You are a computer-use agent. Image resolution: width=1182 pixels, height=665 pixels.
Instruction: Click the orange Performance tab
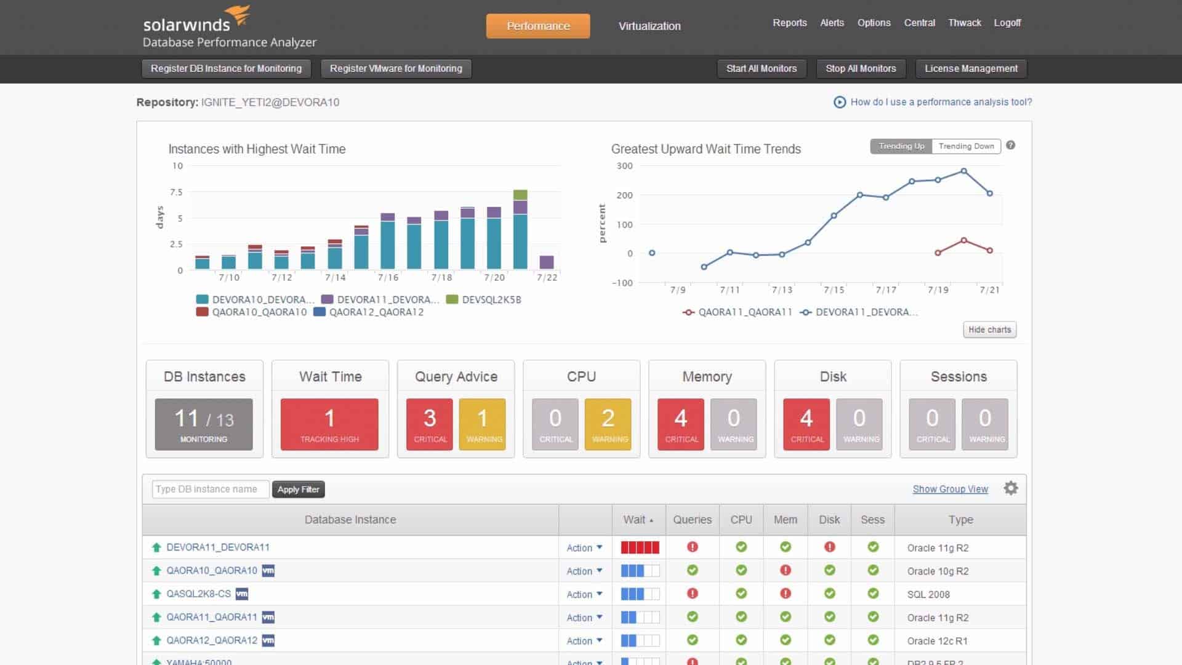[x=537, y=26]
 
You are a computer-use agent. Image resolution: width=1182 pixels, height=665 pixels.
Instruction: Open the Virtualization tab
[x=649, y=26]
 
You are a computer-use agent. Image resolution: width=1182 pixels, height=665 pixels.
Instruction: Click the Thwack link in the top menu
[x=964, y=23]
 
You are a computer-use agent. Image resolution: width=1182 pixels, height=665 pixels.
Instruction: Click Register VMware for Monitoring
[x=396, y=68]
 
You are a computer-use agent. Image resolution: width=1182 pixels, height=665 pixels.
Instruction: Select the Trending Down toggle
[x=966, y=146]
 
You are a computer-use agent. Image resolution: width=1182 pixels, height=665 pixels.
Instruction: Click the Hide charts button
[x=989, y=329]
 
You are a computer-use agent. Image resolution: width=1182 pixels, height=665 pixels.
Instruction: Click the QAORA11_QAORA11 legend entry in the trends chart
[x=738, y=312]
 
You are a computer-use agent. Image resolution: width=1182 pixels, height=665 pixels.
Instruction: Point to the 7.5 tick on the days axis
[x=177, y=192]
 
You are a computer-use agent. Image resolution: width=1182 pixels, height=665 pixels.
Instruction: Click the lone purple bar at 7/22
[x=546, y=262]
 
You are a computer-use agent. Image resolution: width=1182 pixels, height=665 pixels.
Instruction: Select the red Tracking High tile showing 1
[x=329, y=424]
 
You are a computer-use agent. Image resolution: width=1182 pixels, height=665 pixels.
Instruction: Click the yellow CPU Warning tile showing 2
[x=608, y=424]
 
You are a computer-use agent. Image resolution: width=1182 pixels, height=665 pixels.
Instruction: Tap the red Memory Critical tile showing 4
[x=680, y=424]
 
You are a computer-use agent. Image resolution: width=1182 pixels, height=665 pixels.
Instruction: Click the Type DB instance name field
[x=210, y=489]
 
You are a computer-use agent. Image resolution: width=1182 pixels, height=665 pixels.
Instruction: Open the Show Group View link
[x=950, y=489]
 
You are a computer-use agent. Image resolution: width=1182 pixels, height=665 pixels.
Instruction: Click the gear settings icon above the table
[x=1010, y=488]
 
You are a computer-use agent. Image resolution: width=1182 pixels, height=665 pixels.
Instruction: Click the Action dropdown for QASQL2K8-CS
[x=584, y=594]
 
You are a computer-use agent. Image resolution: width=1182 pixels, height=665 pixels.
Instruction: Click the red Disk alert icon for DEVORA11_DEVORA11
[x=829, y=547]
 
